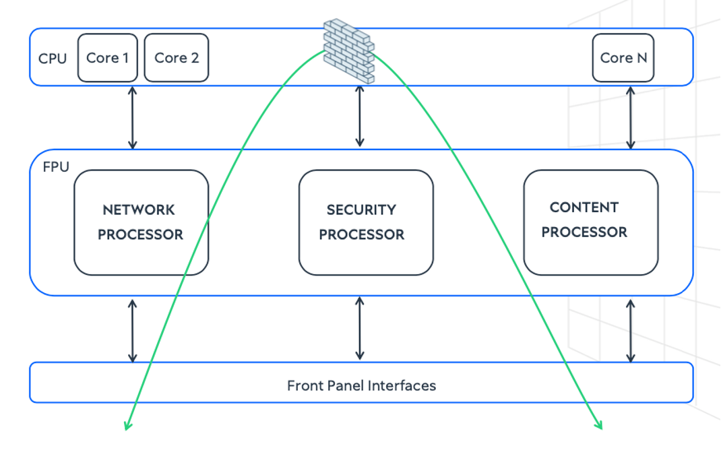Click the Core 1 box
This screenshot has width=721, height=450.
[x=108, y=58]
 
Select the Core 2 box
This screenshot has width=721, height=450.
[x=177, y=58]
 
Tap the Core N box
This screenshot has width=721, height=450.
[x=623, y=58]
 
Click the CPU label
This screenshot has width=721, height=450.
[x=53, y=59]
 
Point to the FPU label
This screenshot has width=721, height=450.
[x=56, y=167]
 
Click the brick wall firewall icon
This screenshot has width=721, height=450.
[x=348, y=51]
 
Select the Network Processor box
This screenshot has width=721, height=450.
[x=141, y=222]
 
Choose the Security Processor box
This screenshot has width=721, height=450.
[x=366, y=222]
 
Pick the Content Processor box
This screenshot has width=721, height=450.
[x=591, y=222]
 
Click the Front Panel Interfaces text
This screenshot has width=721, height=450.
[x=361, y=386]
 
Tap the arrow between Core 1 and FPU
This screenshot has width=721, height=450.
[x=133, y=117]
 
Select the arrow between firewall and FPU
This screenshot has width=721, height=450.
[x=360, y=116]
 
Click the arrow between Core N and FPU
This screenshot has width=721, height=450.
[x=631, y=117]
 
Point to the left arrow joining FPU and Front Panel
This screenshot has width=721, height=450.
[x=133, y=330]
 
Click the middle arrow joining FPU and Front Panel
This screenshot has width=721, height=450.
[x=360, y=328]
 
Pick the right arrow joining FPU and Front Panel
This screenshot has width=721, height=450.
[x=631, y=330]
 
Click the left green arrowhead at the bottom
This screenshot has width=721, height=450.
[x=127, y=424]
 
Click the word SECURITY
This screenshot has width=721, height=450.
[x=361, y=210]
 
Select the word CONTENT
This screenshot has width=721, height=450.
[x=584, y=207]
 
